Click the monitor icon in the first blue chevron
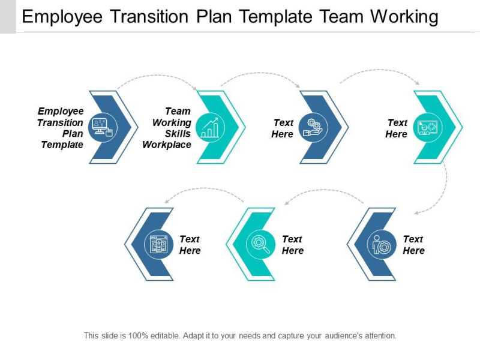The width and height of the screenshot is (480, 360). pos(101,127)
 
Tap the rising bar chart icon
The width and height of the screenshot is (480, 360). pos(210,127)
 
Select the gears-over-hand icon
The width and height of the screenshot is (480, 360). pos(313,127)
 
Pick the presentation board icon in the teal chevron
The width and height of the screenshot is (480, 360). pos(427,127)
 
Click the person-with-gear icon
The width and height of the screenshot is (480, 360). pos(382,244)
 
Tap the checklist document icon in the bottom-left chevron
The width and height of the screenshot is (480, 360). pos(158,244)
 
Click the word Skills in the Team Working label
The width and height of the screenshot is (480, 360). pos(178,133)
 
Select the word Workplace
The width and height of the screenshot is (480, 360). pos(167,145)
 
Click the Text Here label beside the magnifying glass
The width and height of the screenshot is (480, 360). pos(292,245)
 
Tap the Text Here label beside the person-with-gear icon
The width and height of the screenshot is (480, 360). pos(413,245)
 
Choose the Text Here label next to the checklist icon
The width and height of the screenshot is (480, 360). pos(190,245)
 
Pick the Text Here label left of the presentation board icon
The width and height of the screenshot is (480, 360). pos(397,128)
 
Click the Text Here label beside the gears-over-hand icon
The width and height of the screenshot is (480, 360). pos(283,128)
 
